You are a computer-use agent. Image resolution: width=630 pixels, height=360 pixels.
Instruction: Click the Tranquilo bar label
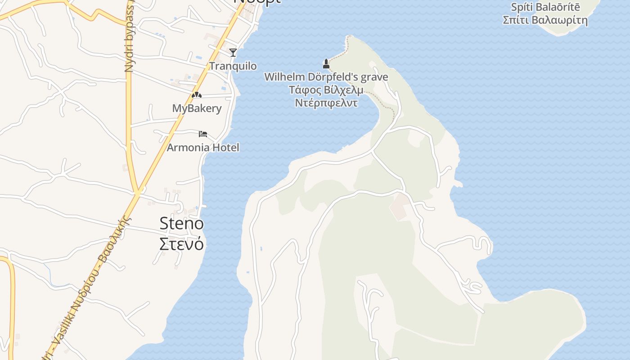pyautogui.click(x=233, y=66)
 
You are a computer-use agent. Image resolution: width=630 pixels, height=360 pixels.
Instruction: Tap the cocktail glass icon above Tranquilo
pyautogui.click(x=233, y=53)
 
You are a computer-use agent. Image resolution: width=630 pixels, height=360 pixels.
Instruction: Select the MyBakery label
pyautogui.click(x=197, y=108)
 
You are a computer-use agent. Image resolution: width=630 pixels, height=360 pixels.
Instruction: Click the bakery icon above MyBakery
pyautogui.click(x=196, y=95)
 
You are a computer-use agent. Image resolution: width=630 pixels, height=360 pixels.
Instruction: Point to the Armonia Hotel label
pyautogui.click(x=203, y=148)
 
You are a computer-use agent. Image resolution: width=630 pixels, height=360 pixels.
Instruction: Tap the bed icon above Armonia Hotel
pyautogui.click(x=203, y=134)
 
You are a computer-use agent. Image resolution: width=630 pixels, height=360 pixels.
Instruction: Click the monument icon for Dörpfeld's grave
pyautogui.click(x=326, y=64)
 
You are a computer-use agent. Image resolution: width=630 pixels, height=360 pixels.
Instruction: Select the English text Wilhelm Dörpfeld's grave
pyautogui.click(x=326, y=77)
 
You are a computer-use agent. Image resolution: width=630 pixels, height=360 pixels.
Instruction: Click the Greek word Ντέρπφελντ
pyautogui.click(x=326, y=103)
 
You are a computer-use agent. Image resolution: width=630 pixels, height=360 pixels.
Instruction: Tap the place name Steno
pyautogui.click(x=182, y=223)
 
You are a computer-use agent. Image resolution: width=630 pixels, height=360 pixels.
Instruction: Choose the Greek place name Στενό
pyautogui.click(x=182, y=243)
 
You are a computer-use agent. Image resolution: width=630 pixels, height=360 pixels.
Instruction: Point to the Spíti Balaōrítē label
pyautogui.click(x=545, y=7)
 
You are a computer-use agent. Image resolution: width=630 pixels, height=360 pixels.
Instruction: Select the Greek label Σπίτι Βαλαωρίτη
pyautogui.click(x=545, y=20)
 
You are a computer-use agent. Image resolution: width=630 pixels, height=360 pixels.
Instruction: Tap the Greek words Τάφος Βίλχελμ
pyautogui.click(x=326, y=90)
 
